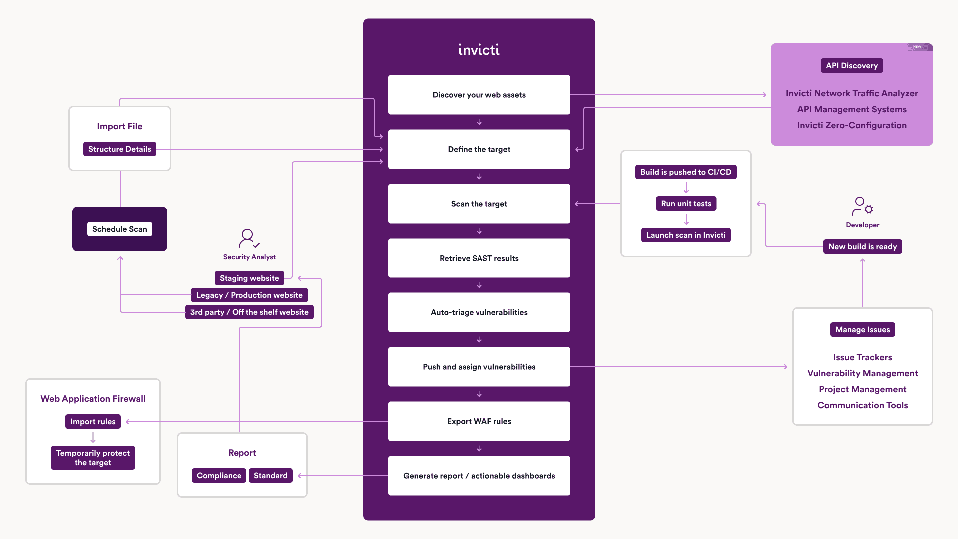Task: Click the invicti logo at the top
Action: pyautogui.click(x=479, y=50)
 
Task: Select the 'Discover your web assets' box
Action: pyautogui.click(x=479, y=95)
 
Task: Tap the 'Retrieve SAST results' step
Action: pyautogui.click(x=479, y=258)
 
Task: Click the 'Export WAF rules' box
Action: pyautogui.click(x=479, y=421)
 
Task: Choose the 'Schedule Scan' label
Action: pyautogui.click(x=120, y=229)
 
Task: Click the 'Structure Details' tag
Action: pyautogui.click(x=120, y=149)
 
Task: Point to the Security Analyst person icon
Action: pyautogui.click(x=248, y=238)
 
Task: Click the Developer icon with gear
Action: pyautogui.click(x=862, y=206)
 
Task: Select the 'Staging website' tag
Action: pyautogui.click(x=249, y=278)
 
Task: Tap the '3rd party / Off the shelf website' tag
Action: pyautogui.click(x=249, y=312)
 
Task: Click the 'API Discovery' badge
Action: pyautogui.click(x=852, y=66)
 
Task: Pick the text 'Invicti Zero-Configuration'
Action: pyautogui.click(x=852, y=125)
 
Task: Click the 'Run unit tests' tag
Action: pyautogui.click(x=686, y=204)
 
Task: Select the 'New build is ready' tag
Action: pyautogui.click(x=862, y=247)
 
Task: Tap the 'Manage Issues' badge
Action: pyautogui.click(x=862, y=330)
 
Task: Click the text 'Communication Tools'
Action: pyautogui.click(x=862, y=405)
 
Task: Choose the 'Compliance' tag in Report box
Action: pyautogui.click(x=219, y=476)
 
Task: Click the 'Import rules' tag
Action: pyautogui.click(x=93, y=422)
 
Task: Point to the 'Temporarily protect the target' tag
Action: pyautogui.click(x=93, y=458)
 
